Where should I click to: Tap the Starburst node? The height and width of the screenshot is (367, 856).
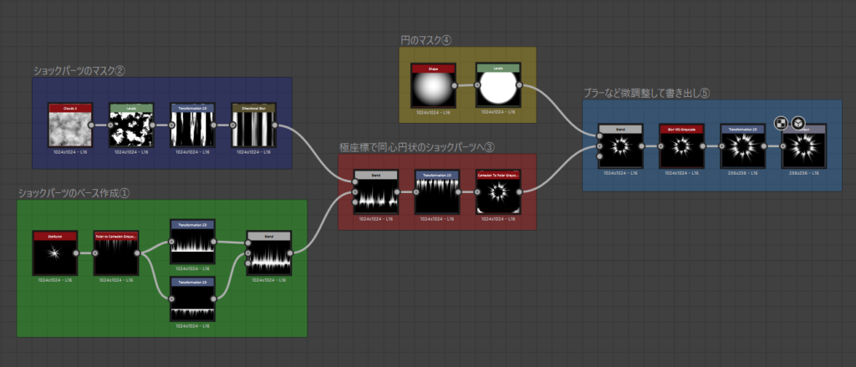(x=54, y=252)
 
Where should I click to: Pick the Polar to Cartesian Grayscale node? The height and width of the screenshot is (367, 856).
(x=115, y=252)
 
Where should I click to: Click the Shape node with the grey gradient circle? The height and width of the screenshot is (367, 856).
(x=433, y=84)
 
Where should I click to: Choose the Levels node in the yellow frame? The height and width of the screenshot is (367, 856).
(x=497, y=84)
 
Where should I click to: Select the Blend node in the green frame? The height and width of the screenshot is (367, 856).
(x=268, y=252)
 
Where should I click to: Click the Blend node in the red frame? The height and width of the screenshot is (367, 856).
(x=374, y=191)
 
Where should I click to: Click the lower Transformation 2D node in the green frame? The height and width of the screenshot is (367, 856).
(x=192, y=298)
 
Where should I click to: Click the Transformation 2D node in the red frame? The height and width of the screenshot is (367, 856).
(x=436, y=191)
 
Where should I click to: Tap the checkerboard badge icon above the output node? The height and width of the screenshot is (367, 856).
(x=782, y=123)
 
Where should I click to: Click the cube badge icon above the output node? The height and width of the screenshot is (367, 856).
(x=797, y=123)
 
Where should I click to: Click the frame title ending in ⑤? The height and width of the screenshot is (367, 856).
(x=646, y=93)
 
